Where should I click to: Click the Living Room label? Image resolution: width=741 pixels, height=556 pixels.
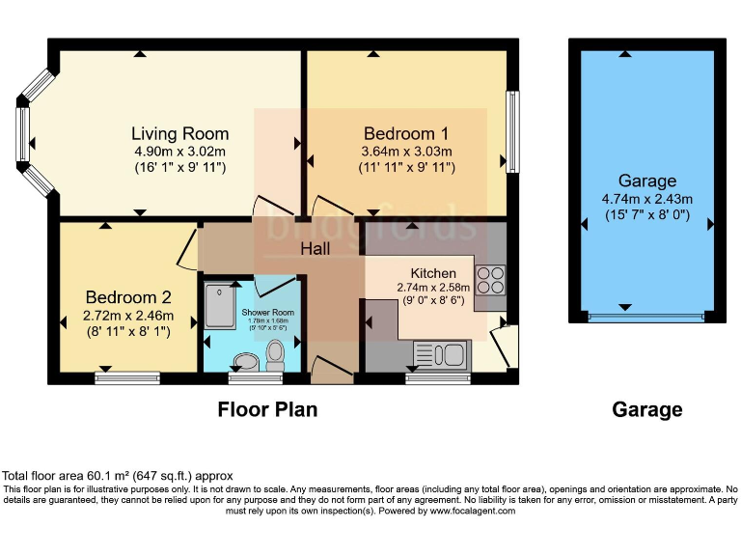point(179,133)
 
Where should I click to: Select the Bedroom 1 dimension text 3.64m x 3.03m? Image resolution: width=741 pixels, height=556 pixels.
point(405,151)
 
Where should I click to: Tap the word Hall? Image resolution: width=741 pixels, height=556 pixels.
point(315,249)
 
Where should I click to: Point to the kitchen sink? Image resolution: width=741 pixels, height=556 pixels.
point(440,355)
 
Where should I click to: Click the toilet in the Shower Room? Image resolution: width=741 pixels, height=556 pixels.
point(275,358)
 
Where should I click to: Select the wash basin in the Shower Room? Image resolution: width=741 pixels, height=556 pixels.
point(246,362)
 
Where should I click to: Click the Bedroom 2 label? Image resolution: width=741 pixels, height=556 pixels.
point(128,296)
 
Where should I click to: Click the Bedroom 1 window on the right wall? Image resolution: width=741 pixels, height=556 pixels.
point(511,132)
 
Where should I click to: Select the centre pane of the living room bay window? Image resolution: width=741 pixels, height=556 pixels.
point(20,133)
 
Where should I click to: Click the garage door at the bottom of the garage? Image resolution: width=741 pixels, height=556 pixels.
point(645,317)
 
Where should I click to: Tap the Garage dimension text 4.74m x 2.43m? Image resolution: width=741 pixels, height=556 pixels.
point(647,199)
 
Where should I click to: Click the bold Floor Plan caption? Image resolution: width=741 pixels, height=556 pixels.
point(267,409)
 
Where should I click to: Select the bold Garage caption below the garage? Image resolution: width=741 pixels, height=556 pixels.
point(646,409)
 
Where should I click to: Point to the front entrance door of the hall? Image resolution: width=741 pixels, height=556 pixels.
point(327,370)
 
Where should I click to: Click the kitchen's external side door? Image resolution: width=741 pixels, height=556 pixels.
point(503,347)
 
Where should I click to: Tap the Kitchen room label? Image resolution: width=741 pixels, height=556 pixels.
point(433,272)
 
